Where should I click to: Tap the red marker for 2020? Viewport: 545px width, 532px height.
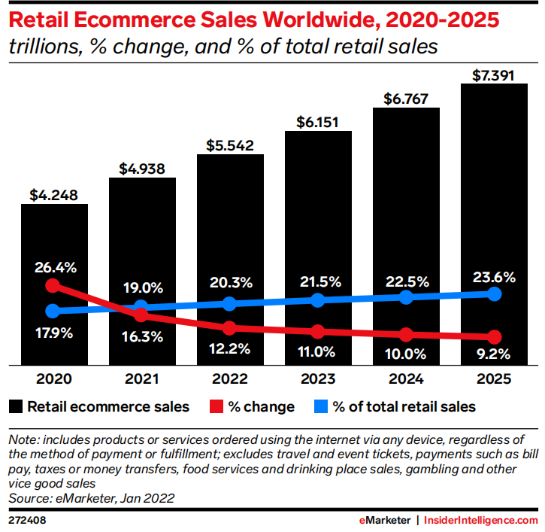click(53, 285)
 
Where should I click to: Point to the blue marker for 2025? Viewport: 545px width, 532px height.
click(494, 293)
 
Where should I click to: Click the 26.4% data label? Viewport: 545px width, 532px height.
click(54, 266)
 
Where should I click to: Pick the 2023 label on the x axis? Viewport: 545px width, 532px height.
click(317, 378)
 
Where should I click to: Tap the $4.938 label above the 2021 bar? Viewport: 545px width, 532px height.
click(142, 168)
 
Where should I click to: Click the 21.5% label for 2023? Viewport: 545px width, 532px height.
click(318, 282)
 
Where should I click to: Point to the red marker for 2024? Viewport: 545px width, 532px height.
click(406, 334)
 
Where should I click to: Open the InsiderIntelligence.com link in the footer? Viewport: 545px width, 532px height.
click(481, 520)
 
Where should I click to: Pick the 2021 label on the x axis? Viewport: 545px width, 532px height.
click(142, 378)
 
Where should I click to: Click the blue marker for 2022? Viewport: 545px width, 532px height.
click(230, 303)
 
